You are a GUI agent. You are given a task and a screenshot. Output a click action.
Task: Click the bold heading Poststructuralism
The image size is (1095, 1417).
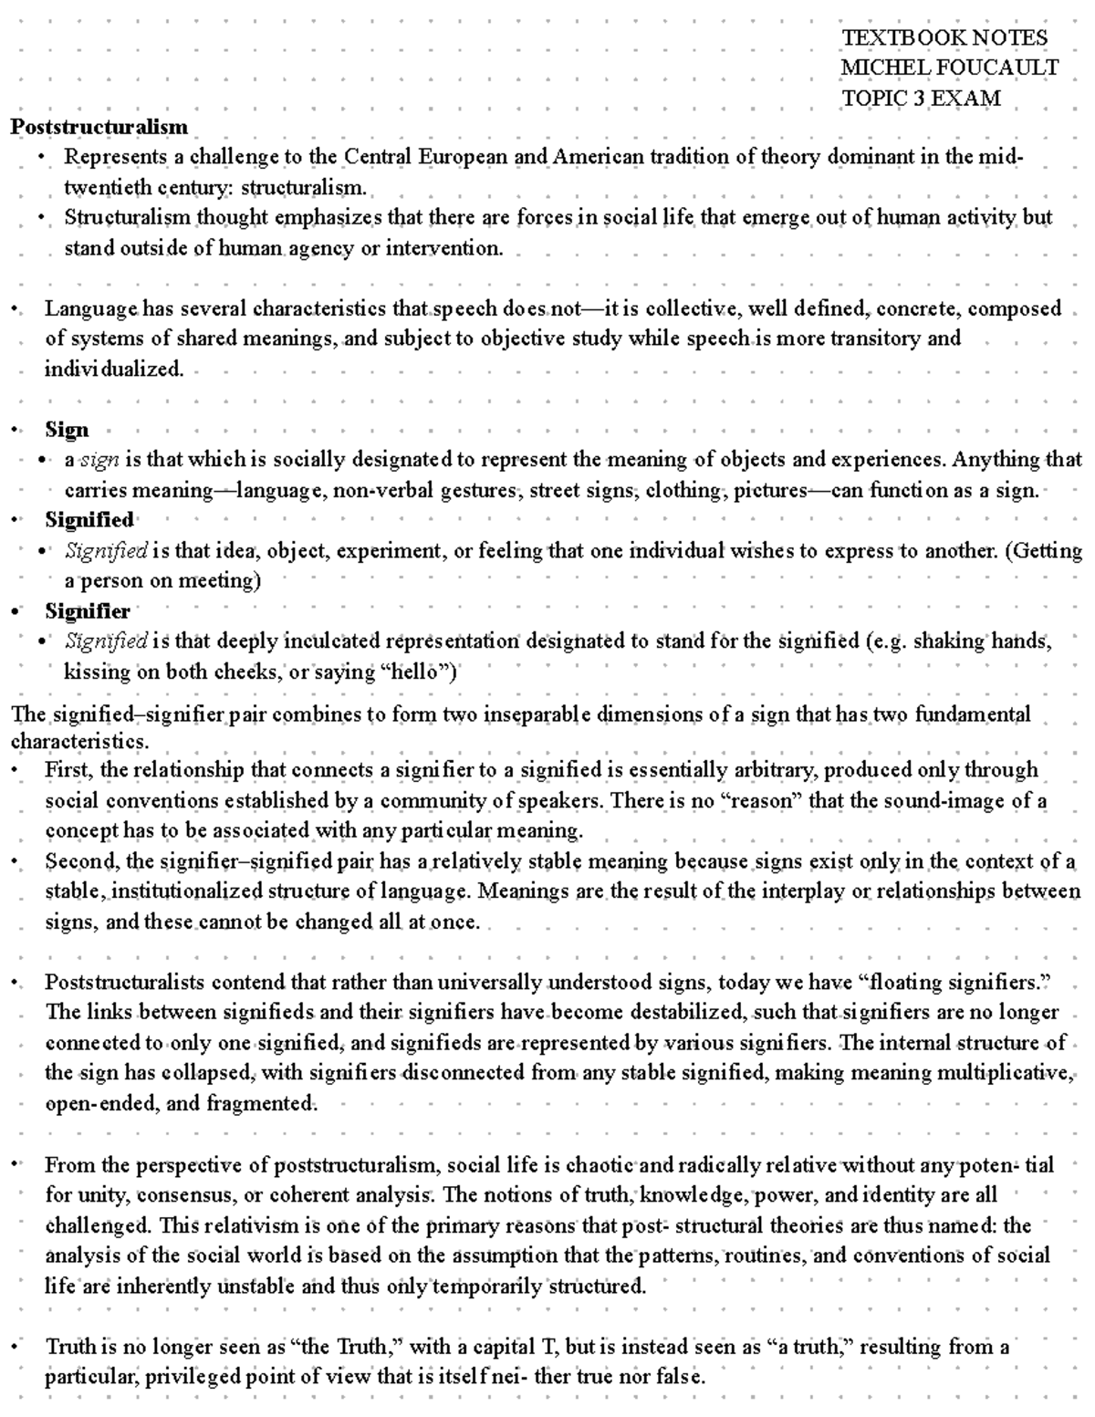[99, 127]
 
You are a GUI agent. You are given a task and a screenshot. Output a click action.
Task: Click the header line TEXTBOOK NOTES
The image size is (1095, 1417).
[944, 38]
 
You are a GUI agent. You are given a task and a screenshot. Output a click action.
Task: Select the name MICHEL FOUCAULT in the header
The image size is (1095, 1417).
[949, 68]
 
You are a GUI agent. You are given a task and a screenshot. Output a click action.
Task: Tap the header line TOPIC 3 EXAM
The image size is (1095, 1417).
[921, 98]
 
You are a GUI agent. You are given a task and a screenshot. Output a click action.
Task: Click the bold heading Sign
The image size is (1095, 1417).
[67, 430]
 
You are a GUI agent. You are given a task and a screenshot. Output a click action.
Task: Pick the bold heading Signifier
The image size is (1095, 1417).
[88, 610]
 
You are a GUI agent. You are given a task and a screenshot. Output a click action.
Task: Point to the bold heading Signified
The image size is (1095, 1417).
[89, 520]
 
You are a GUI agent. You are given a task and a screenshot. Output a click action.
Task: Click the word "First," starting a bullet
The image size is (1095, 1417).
[69, 770]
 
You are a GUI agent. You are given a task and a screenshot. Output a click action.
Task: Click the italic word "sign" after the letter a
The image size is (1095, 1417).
[99, 460]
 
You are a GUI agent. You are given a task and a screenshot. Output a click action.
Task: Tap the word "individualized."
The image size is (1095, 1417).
[114, 370]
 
